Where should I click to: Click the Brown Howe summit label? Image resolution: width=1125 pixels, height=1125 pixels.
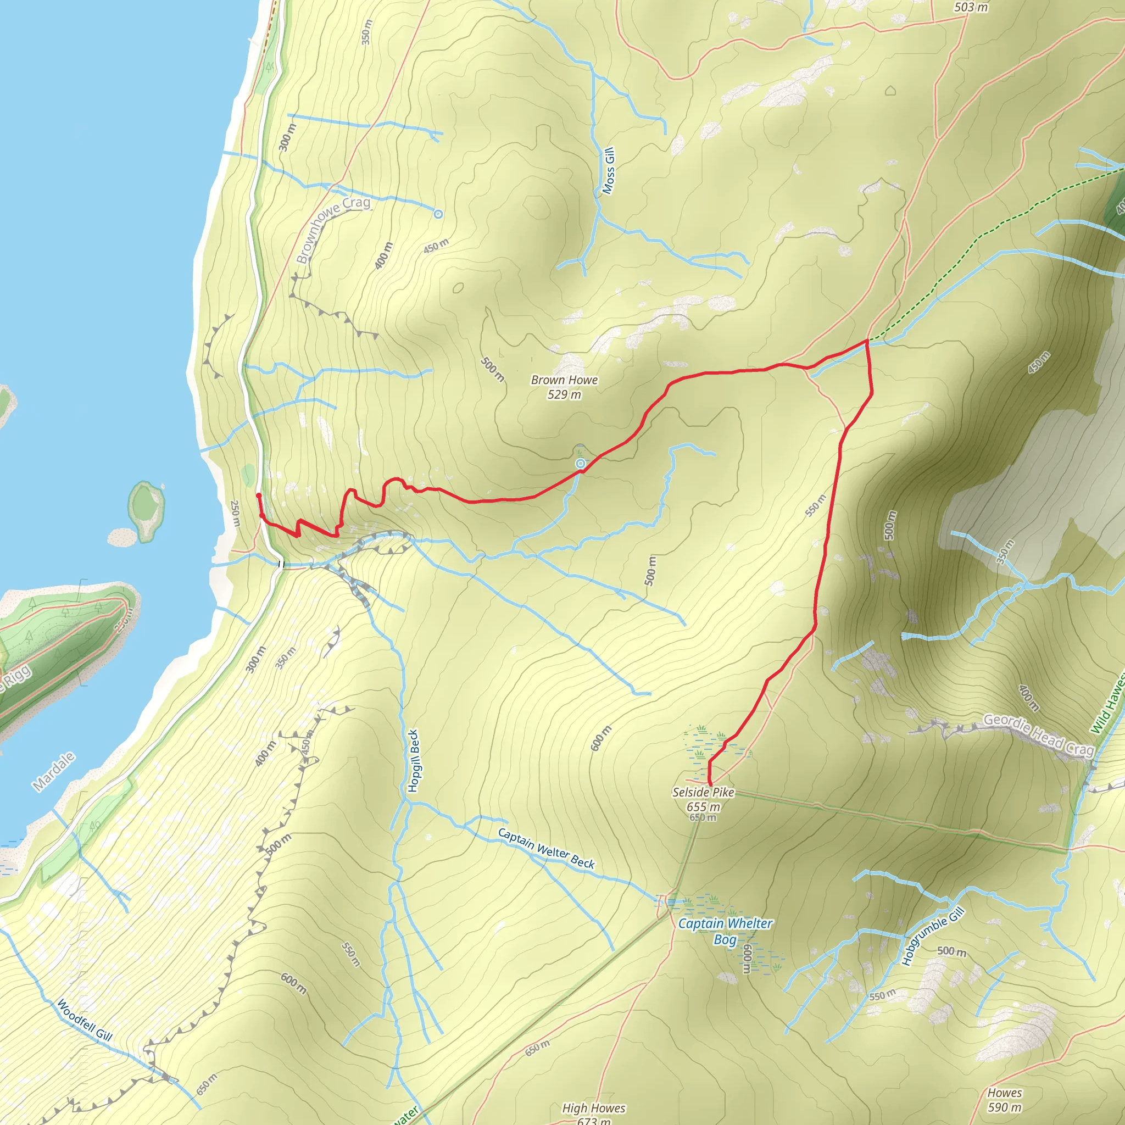coord(564,380)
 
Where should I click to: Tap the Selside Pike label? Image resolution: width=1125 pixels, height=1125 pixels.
coord(703,792)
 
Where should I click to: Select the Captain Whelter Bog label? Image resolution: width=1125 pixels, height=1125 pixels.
coord(725,931)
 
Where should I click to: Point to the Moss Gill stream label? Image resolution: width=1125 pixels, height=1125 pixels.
coord(609,171)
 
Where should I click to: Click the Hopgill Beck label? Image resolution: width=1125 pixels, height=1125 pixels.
coord(414,760)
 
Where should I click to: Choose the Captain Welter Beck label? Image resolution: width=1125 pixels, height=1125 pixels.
coord(545,848)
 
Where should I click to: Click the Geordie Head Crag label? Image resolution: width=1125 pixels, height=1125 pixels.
coord(1038,736)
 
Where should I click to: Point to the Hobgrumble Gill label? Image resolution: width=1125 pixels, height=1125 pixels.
coord(933,937)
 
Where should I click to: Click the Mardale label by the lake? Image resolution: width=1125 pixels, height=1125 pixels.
coord(54,772)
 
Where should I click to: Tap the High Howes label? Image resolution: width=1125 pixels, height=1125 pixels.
coord(593,1108)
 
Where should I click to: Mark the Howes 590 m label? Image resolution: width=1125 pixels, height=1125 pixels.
coord(1005,1100)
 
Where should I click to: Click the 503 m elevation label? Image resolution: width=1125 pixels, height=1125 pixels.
coord(971,7)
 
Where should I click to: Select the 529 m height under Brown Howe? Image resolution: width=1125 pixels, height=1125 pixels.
coord(564,395)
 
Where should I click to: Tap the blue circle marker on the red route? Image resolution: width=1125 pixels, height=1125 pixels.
coord(580,464)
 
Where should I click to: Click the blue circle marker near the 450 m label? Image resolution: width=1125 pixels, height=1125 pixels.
coord(438,214)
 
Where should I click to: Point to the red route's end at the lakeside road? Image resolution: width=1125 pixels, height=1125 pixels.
coord(258,495)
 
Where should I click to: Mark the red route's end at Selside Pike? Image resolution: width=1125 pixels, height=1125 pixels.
coord(710,784)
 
